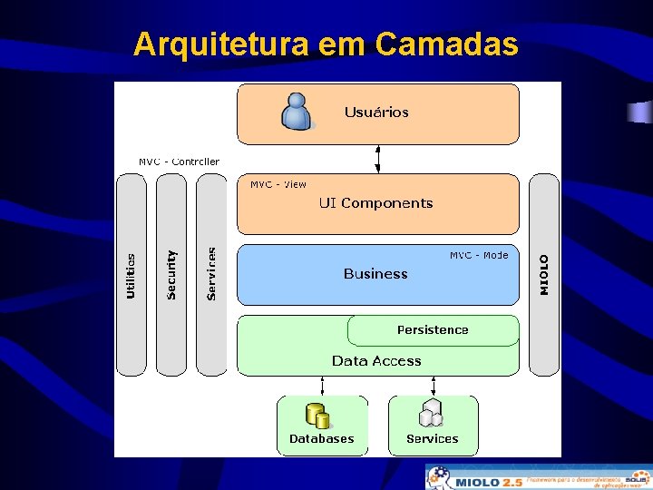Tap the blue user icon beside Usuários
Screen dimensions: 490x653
(x=297, y=112)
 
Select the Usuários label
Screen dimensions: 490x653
(x=376, y=113)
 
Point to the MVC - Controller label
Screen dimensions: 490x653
(x=179, y=162)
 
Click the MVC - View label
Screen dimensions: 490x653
(x=278, y=184)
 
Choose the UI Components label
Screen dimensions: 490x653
(x=375, y=203)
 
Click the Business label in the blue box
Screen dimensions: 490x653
(x=375, y=274)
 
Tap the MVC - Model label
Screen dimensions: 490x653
(x=479, y=255)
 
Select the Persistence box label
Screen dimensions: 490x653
(x=433, y=330)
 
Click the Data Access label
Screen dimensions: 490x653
(x=376, y=361)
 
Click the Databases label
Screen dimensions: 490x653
(x=321, y=439)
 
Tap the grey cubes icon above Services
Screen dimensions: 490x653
(x=431, y=414)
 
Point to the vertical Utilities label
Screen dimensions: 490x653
(x=132, y=276)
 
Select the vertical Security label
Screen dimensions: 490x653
(x=171, y=275)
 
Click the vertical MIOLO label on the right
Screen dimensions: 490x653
(x=544, y=274)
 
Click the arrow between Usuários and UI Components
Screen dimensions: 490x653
(x=377, y=158)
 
